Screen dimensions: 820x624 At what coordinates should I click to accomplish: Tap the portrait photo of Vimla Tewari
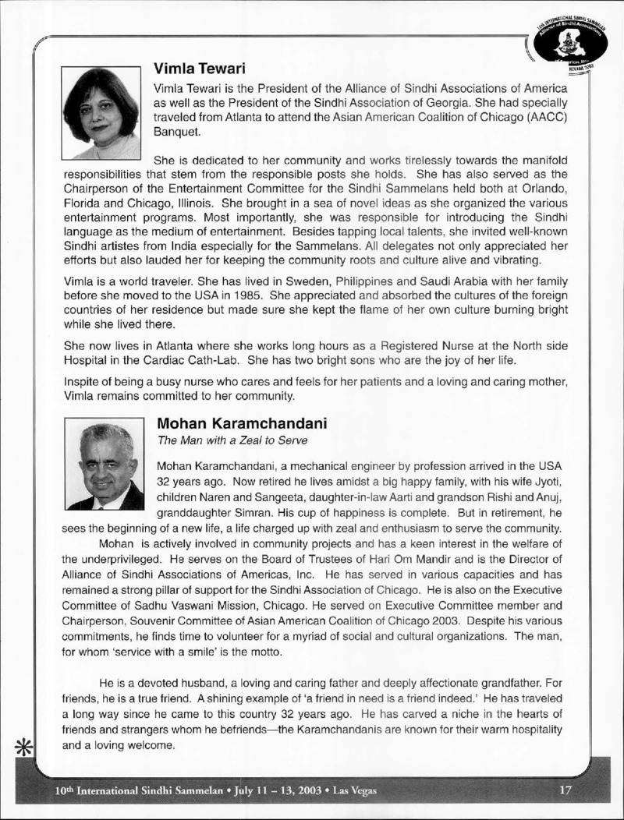pyautogui.click(x=101, y=113)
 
